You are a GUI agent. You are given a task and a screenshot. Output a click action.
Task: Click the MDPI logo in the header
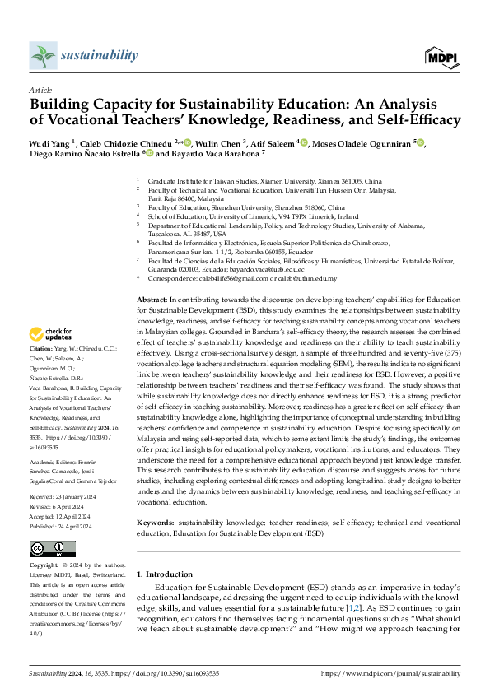(x=442, y=56)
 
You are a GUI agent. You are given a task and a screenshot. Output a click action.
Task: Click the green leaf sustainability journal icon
(x=42, y=56)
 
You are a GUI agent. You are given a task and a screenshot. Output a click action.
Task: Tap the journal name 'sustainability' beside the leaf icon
(x=99, y=55)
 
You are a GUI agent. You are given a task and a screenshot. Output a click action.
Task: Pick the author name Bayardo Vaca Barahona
(x=214, y=153)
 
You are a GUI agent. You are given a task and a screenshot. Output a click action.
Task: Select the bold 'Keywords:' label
(x=155, y=522)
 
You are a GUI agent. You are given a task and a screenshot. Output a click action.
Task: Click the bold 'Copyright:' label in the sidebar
(x=45, y=566)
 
